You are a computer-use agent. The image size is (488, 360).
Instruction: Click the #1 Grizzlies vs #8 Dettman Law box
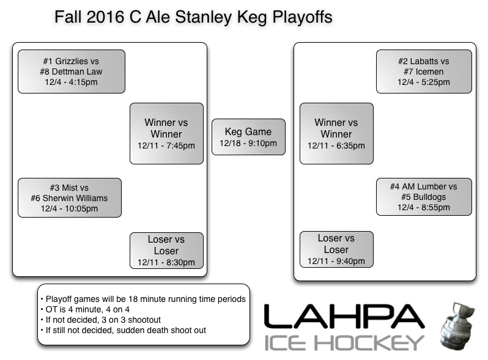coord(71,72)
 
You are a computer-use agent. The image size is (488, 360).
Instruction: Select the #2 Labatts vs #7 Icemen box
coord(423,72)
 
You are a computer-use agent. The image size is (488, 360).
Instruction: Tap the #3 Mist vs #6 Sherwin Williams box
coord(69,198)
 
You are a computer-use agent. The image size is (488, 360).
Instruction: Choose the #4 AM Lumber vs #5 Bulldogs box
coord(423,197)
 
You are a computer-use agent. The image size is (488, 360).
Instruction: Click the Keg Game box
coord(248,137)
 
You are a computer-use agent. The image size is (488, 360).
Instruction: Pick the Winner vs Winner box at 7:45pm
coord(166,133)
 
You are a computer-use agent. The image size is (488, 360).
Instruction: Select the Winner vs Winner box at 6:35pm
coord(336,133)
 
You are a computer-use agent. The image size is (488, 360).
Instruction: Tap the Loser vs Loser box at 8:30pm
coord(166,251)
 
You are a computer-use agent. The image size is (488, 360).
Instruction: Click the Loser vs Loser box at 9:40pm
coord(336,249)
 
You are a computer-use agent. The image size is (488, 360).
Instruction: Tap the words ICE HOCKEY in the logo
coord(344,342)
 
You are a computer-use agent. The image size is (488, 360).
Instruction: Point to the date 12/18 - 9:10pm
coord(248,144)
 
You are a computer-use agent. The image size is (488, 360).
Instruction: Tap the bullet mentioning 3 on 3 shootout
coord(102,320)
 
